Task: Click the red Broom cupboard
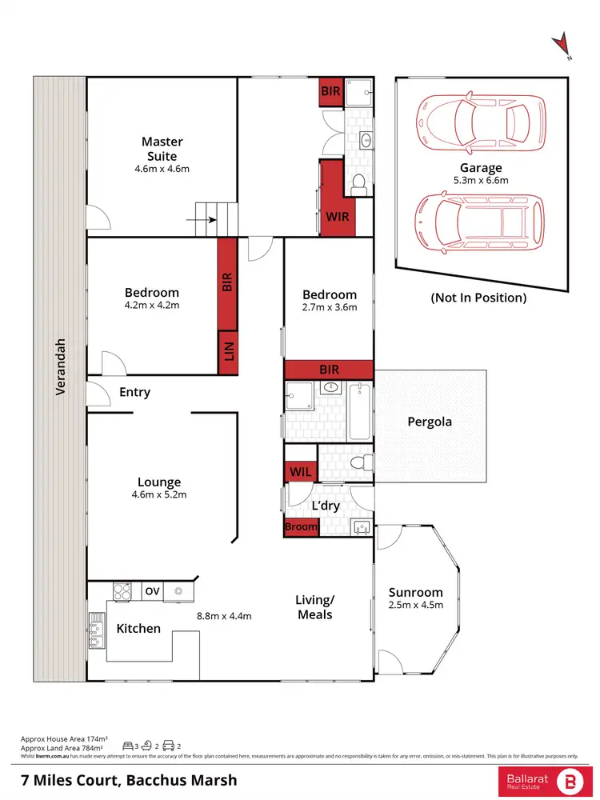click(x=301, y=527)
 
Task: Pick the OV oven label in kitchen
click(x=152, y=591)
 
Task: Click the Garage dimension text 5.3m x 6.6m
click(x=481, y=181)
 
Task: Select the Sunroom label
click(x=415, y=593)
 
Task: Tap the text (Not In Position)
click(x=478, y=298)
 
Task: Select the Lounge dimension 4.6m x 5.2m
click(x=159, y=495)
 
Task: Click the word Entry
click(x=134, y=393)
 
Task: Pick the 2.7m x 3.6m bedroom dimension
click(x=330, y=307)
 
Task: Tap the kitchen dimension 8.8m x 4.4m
click(x=225, y=616)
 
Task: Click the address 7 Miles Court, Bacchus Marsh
click(x=128, y=779)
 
